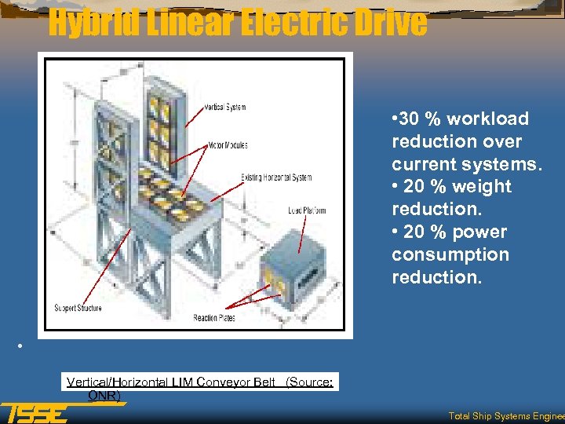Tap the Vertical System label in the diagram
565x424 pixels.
click(224, 108)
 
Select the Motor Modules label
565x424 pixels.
click(228, 144)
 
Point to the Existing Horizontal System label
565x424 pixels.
click(276, 177)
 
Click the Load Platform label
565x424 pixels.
click(306, 210)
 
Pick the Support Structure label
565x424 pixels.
click(78, 308)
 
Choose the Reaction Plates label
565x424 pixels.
click(214, 318)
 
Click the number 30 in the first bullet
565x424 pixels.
click(409, 119)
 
